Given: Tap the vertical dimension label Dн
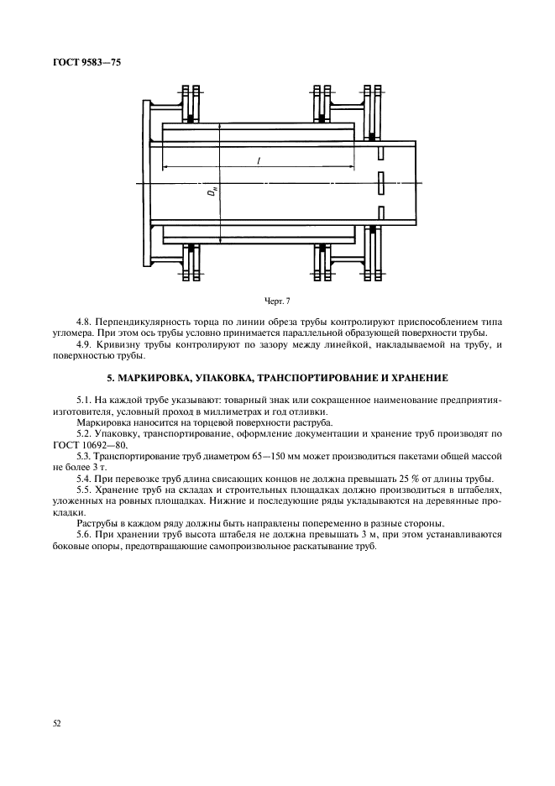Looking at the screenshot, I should pyautogui.click(x=212, y=193).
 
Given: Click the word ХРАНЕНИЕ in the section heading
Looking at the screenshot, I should pyautogui.click(x=420, y=378).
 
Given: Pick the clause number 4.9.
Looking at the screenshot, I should pyautogui.click(x=84, y=343).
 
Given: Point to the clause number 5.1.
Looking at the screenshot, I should pyautogui.click(x=84, y=401).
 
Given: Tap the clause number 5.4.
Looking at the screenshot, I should pyautogui.click(x=84, y=479).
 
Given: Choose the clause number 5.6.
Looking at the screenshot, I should pyautogui.click(x=84, y=533).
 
